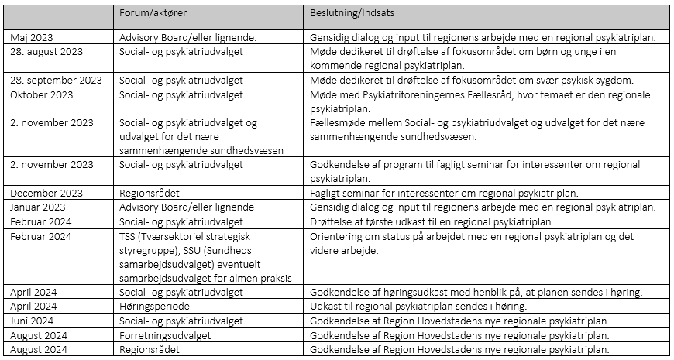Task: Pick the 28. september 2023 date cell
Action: (57, 80)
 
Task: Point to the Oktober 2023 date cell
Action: (42, 94)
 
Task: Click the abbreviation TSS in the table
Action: (128, 235)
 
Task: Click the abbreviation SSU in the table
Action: (128, 264)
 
